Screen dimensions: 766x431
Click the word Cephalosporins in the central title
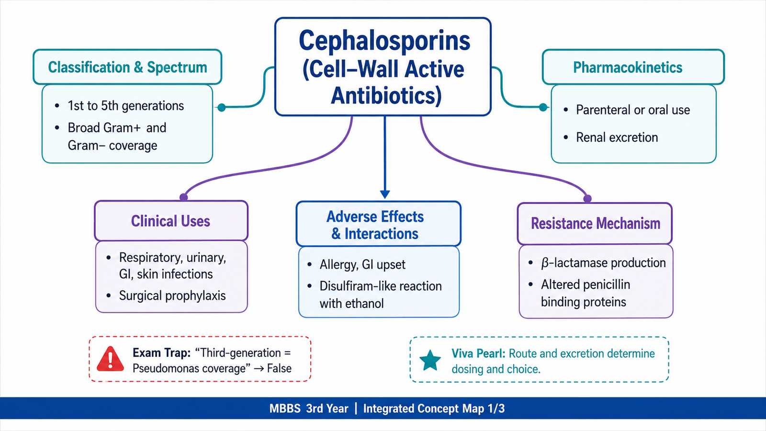coord(384,41)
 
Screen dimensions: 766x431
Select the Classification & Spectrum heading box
coord(127,67)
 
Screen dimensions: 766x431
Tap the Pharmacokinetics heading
coord(628,68)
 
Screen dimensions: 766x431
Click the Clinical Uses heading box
coord(171,221)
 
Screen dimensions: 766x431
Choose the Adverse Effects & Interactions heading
coord(375,225)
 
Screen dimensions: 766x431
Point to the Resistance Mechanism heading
coord(596,223)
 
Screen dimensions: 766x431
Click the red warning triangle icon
coord(110,359)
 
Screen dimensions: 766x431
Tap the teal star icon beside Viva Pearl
coord(430,361)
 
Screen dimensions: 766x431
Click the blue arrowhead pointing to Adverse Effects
coord(385,194)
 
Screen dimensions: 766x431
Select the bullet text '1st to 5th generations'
coord(125,106)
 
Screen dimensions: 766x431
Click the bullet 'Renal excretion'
coord(617,137)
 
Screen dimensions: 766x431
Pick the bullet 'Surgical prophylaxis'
coord(172,295)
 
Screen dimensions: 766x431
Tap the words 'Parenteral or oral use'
coord(633,110)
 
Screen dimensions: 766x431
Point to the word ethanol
coord(364,304)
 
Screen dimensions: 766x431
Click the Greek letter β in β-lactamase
coord(545,263)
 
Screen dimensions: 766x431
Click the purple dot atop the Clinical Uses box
coord(184,197)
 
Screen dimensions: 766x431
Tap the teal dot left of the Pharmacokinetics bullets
coord(543,107)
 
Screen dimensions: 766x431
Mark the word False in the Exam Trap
coord(279,368)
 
